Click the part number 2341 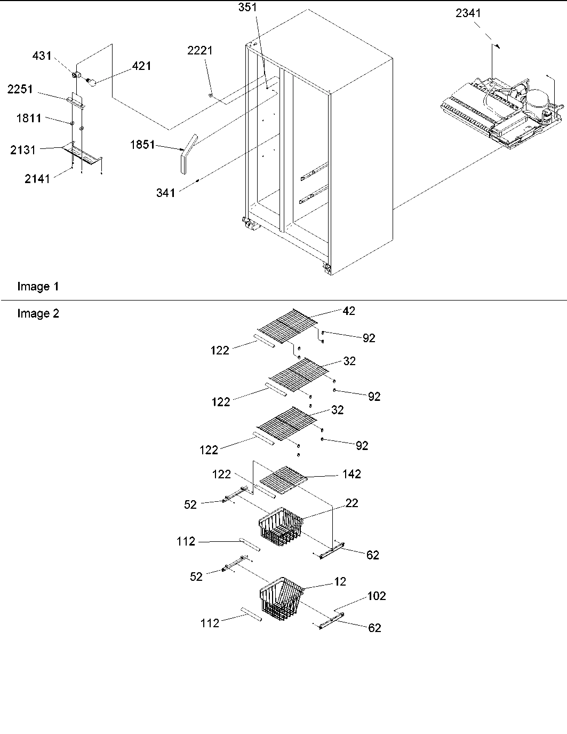click(468, 13)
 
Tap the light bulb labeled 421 click(91, 82)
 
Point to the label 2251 click(20, 89)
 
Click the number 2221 click(199, 50)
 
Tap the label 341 click(165, 193)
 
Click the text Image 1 click(38, 287)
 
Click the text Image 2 click(38, 313)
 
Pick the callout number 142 click(352, 474)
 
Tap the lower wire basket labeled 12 click(282, 601)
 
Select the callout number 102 click(377, 596)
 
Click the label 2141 click(37, 179)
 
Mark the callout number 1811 click(28, 119)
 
